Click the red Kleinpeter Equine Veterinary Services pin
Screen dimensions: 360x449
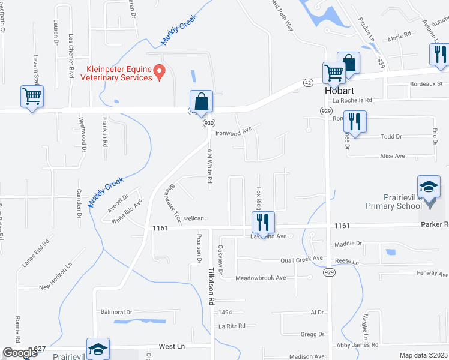pyautogui.click(x=160, y=72)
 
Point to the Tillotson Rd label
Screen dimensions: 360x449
pyautogui.click(x=211, y=287)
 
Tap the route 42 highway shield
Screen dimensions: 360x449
pyautogui.click(x=307, y=82)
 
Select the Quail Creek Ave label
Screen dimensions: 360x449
pyautogui.click(x=302, y=260)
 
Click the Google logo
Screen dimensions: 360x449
pyautogui.click(x=20, y=353)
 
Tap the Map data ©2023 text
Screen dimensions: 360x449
pyautogui.click(x=423, y=355)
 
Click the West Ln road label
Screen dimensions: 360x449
pyautogui.click(x=170, y=347)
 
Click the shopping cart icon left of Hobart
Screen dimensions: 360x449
pyautogui.click(x=334, y=73)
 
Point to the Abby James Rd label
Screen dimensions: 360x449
pyautogui.click(x=357, y=345)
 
